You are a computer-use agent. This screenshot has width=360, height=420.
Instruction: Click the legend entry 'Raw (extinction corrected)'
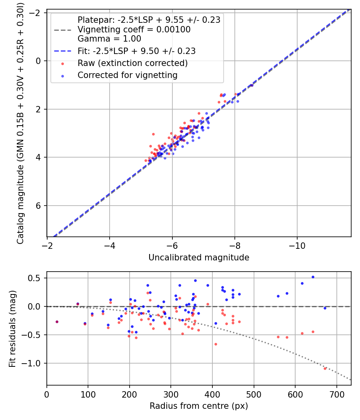click(x=132, y=63)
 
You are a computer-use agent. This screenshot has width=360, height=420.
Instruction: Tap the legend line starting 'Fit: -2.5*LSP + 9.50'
click(x=136, y=51)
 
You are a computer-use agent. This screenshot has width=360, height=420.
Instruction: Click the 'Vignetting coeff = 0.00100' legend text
click(x=134, y=30)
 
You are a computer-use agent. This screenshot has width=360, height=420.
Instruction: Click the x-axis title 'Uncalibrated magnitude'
click(x=199, y=258)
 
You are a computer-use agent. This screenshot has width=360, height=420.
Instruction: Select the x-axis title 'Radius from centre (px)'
click(x=199, y=406)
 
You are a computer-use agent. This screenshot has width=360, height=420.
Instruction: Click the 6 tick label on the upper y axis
click(x=39, y=206)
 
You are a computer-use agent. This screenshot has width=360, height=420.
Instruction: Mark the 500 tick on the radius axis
click(x=254, y=394)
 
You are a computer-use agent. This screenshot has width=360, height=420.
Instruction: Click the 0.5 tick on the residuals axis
click(x=38, y=278)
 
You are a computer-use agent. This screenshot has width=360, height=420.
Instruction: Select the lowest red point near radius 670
click(x=325, y=368)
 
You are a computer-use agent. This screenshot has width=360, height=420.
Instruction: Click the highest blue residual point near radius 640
click(x=313, y=277)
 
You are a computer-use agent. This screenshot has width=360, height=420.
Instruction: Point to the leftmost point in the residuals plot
click(x=57, y=322)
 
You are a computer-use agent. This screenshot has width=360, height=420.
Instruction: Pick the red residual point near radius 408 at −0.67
click(x=216, y=344)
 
